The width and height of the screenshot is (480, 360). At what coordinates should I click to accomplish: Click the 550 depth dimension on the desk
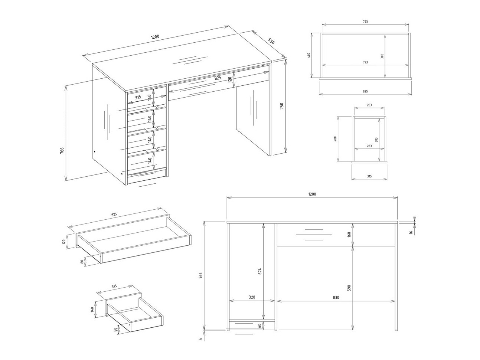click(271, 41)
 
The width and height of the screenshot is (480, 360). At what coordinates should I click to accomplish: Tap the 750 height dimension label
click(282, 106)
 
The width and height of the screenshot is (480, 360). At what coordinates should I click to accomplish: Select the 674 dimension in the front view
click(260, 272)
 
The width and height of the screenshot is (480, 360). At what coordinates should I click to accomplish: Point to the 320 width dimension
click(252, 297)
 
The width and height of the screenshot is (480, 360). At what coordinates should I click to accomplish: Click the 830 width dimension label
click(336, 297)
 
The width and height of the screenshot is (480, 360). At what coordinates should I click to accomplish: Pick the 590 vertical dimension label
click(349, 288)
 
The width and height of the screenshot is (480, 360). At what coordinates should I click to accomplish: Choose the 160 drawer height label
click(349, 235)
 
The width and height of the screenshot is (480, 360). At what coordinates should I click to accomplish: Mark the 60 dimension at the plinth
click(259, 325)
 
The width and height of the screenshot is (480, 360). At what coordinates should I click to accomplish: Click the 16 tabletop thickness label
click(411, 232)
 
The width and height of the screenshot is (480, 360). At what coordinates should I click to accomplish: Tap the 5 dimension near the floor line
click(200, 339)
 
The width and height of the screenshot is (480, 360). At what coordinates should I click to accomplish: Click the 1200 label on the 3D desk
click(155, 37)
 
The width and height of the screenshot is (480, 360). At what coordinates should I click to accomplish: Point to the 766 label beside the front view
click(200, 275)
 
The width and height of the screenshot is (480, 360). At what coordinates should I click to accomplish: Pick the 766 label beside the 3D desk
click(62, 150)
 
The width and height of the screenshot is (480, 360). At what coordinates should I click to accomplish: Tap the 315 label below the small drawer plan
click(369, 176)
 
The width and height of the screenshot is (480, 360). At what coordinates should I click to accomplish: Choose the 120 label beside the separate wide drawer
click(63, 241)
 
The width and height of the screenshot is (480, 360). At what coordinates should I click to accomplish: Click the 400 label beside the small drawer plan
click(335, 138)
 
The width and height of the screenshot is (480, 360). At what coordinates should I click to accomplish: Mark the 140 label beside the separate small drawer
click(92, 310)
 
